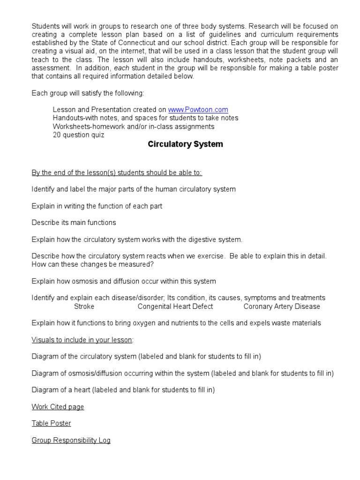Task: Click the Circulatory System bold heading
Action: [x=185, y=144]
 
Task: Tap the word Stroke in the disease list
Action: [x=84, y=307]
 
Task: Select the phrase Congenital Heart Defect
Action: [x=175, y=307]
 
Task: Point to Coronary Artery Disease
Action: [x=282, y=307]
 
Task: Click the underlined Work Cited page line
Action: [x=58, y=407]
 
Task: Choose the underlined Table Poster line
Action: [x=51, y=423]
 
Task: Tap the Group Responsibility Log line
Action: [x=71, y=440]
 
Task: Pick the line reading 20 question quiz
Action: [x=78, y=135]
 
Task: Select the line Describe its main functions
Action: [x=74, y=223]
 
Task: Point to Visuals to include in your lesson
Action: [x=82, y=339]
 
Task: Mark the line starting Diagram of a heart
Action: [x=123, y=390]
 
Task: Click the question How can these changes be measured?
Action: [x=92, y=264]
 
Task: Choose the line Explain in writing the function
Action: [x=97, y=206]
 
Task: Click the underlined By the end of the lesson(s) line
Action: [x=117, y=172]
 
